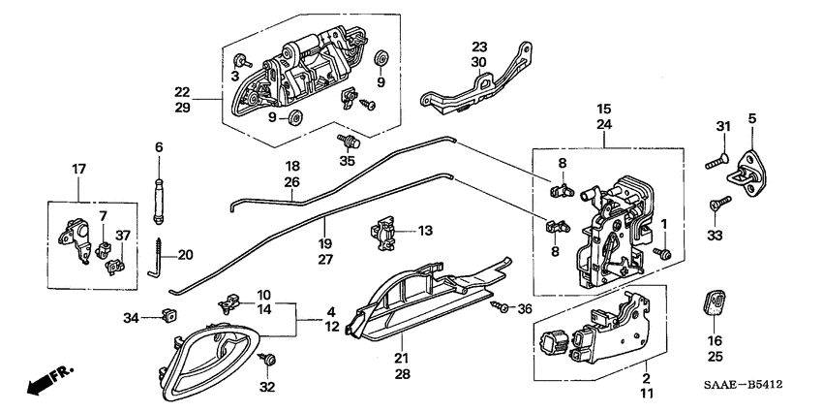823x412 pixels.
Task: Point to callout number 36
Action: [x=526, y=309]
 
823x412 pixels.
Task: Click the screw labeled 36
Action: [x=501, y=308]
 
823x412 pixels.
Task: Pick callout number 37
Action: [x=123, y=235]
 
